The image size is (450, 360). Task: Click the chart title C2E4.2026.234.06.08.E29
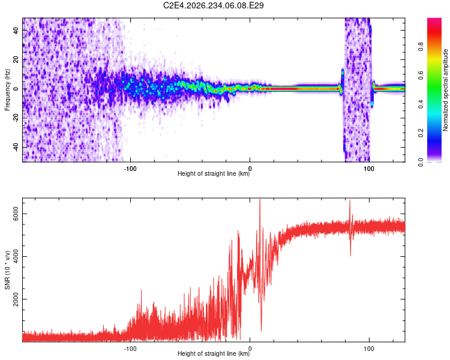(x=213, y=5)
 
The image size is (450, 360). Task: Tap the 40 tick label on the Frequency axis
(x=16, y=30)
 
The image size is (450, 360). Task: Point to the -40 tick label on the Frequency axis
(x=16, y=148)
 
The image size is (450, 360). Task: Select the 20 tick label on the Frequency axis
(x=16, y=59)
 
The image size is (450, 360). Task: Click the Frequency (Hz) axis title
(x=7, y=90)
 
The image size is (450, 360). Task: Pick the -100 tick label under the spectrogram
(x=130, y=169)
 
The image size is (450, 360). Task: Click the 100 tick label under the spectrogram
(x=369, y=169)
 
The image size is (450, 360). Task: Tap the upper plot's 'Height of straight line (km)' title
(x=214, y=173)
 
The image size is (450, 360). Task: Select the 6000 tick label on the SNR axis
(x=16, y=214)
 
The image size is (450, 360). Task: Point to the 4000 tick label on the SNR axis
(x=16, y=256)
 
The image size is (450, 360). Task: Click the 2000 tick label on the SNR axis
(x=16, y=299)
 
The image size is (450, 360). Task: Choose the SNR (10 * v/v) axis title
(x=7, y=270)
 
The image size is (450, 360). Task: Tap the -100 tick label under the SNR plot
(x=130, y=349)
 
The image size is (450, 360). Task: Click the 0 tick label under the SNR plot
(x=250, y=349)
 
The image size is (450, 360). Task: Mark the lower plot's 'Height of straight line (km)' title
(x=214, y=353)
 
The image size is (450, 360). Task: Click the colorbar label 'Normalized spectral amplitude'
(x=445, y=90)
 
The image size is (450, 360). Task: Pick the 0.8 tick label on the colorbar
(x=421, y=47)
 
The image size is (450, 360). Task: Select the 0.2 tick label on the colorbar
(x=421, y=133)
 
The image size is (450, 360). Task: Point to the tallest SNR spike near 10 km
(x=260, y=199)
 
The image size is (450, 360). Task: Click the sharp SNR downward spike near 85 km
(x=350, y=255)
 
